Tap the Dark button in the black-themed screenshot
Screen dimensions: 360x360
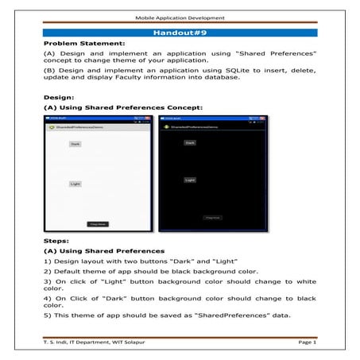click(190, 142)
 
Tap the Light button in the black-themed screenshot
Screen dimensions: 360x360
click(190, 180)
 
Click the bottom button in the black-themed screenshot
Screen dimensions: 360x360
click(212, 217)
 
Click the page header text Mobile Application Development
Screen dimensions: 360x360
click(180, 15)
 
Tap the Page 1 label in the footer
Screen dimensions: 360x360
click(304, 343)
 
